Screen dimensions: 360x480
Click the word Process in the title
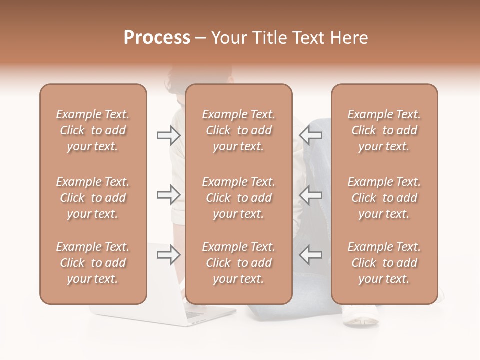(x=157, y=38)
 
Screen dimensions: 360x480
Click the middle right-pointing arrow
(x=169, y=195)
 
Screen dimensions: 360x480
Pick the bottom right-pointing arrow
(x=169, y=255)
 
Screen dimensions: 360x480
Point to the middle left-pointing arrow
(x=310, y=195)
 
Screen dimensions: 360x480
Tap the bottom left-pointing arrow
(x=310, y=255)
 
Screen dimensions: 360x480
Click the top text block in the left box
(x=93, y=130)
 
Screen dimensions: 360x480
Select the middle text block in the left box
(x=93, y=198)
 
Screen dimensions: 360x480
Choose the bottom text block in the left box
(x=93, y=263)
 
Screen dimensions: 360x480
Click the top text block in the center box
(x=239, y=130)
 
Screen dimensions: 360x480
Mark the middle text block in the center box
(x=239, y=198)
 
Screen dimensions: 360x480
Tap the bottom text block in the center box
(x=239, y=263)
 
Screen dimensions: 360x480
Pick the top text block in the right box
(x=384, y=130)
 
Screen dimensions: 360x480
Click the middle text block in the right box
(x=384, y=198)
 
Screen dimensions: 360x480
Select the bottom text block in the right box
(x=384, y=263)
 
